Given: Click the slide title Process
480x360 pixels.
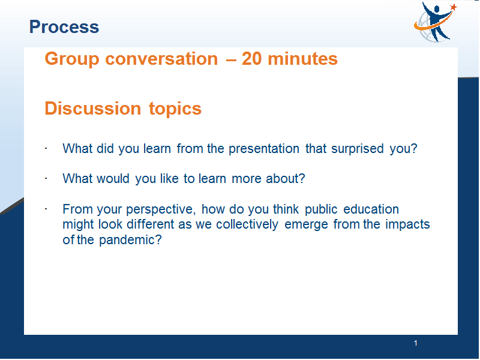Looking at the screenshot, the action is point(64,26).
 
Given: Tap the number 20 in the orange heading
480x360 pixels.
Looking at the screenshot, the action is point(251,58).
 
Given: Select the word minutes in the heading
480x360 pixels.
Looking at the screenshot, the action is point(303,58).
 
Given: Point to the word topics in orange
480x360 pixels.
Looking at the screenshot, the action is point(175,109).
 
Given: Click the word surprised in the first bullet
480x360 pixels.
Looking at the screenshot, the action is point(357,149).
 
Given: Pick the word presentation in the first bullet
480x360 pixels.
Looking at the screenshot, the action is point(264,149).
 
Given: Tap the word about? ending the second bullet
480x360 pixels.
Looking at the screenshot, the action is point(286,178).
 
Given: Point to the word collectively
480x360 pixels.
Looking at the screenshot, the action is point(247,224).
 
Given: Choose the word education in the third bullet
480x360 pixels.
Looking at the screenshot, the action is point(371,209).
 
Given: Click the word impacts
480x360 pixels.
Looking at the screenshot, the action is point(407,224).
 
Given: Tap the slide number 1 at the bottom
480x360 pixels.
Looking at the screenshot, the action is point(415,343).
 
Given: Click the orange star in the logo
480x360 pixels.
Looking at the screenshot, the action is point(454,7).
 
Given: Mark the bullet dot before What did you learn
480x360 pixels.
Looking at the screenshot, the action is point(46,148).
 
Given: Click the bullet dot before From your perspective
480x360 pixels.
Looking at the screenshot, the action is point(46,209).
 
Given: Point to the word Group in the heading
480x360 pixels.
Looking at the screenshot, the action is point(72,59).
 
